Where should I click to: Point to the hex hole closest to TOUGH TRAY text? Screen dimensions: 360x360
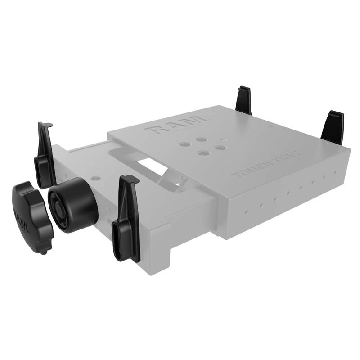click(x=220, y=147)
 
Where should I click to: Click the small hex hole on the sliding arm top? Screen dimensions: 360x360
click(x=95, y=179)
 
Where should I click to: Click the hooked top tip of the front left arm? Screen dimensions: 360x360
click(x=45, y=125)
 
